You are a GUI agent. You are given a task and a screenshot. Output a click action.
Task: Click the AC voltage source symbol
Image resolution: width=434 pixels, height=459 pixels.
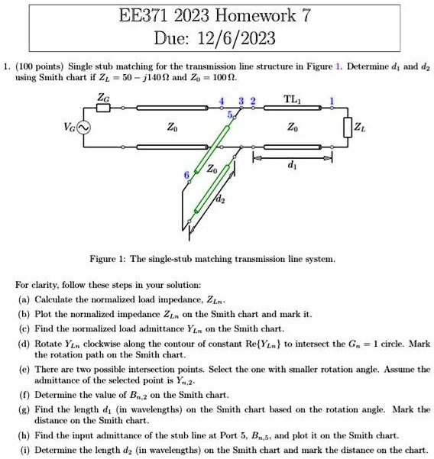point(83,128)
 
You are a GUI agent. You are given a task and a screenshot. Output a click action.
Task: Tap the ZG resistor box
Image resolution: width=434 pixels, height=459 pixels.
point(103,108)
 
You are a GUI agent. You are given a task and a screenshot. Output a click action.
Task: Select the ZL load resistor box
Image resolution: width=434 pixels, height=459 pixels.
point(349,127)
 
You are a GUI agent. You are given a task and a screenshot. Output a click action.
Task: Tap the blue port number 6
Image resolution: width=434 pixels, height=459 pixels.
point(184,176)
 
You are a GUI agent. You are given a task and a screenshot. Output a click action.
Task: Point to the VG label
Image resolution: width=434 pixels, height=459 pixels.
point(66,128)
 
